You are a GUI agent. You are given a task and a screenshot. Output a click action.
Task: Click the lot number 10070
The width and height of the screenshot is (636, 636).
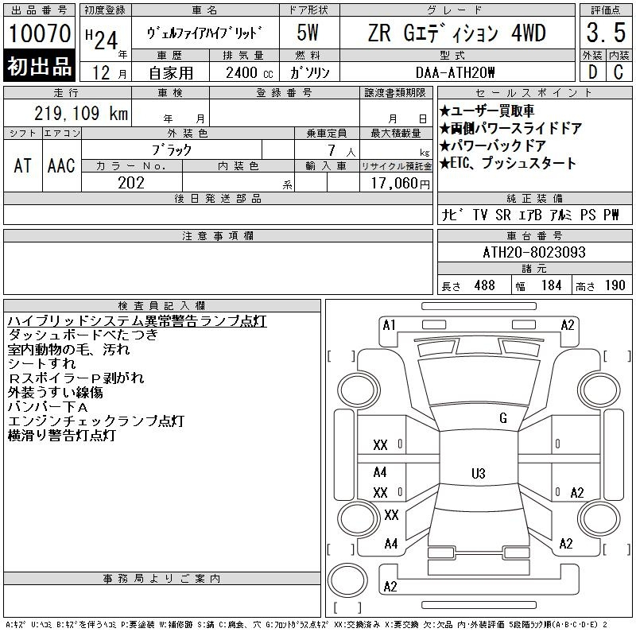[x=40, y=33]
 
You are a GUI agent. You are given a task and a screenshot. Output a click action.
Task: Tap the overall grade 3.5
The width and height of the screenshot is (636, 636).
[x=606, y=33]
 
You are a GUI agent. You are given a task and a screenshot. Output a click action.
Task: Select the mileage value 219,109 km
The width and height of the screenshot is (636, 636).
[x=81, y=113]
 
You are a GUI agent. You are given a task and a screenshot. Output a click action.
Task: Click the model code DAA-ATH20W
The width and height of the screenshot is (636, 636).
[x=455, y=72]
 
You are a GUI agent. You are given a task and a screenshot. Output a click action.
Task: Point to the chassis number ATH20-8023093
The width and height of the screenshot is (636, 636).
[x=534, y=252]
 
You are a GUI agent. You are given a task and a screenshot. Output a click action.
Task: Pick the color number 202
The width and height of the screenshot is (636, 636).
[x=131, y=183]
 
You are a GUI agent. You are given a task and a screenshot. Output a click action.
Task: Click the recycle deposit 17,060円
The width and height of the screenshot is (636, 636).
[x=401, y=184]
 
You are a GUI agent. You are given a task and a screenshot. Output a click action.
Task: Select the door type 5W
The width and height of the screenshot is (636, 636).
[x=308, y=33]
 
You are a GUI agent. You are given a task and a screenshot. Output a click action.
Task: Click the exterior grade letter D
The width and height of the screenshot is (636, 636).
[x=592, y=72]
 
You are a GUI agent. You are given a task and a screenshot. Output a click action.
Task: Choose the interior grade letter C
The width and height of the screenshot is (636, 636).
[x=619, y=72]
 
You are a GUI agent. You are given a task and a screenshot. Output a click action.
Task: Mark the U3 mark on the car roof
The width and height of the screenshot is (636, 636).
[x=479, y=473]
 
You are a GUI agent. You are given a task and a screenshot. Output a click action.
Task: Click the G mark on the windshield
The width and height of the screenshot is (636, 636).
[x=503, y=418]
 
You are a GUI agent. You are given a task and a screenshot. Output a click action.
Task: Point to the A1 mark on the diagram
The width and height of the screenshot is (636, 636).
[x=389, y=325]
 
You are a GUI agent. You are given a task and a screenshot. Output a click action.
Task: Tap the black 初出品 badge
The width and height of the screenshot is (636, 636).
[x=39, y=66]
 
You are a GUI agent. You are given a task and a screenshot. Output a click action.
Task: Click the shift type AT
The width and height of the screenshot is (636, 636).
[x=23, y=165]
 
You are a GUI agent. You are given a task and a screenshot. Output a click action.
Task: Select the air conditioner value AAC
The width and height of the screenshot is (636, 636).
[x=61, y=165]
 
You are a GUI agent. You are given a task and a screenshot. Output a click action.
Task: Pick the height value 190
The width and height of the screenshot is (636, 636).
[x=615, y=285]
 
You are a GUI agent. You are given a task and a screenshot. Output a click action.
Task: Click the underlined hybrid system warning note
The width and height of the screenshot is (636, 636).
[x=137, y=321]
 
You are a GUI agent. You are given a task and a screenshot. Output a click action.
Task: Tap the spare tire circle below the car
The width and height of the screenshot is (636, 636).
[x=347, y=580]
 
